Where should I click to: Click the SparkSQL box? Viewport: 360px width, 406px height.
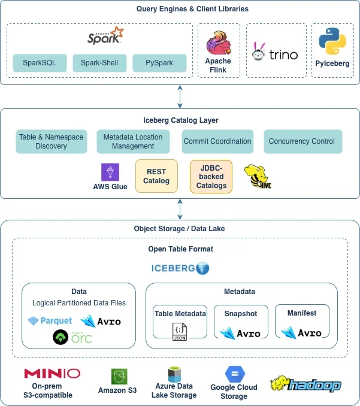pyautogui.click(x=40, y=63)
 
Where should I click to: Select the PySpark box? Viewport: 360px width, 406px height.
pyautogui.click(x=159, y=63)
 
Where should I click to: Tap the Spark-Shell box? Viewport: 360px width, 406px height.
pyautogui.click(x=99, y=63)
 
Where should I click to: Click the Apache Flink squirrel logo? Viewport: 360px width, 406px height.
pyautogui.click(x=218, y=43)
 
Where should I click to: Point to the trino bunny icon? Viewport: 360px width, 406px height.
pyautogui.click(x=259, y=51)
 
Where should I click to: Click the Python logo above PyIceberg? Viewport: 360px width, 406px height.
pyautogui.click(x=332, y=41)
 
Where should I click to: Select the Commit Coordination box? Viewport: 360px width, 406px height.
pyautogui.click(x=217, y=141)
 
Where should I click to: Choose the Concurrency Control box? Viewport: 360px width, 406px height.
pyautogui.click(x=302, y=141)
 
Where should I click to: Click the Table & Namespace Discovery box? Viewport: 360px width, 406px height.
pyautogui.click(x=52, y=141)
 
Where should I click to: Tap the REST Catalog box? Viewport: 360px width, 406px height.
pyautogui.click(x=156, y=176)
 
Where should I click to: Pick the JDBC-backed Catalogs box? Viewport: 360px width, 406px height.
pyautogui.click(x=211, y=177)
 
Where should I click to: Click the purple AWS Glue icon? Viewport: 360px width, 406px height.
pyautogui.click(x=110, y=172)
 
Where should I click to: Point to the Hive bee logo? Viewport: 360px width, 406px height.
pyautogui.click(x=258, y=176)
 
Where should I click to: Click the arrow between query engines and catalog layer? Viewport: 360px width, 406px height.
pyautogui.click(x=180, y=96)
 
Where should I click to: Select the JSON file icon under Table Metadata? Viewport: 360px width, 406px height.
pyautogui.click(x=180, y=331)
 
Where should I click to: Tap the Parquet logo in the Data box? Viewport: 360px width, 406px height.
pyautogui.click(x=50, y=321)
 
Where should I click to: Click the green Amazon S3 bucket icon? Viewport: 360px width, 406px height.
pyautogui.click(x=119, y=377)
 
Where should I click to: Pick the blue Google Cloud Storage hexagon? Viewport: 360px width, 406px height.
pyautogui.click(x=235, y=374)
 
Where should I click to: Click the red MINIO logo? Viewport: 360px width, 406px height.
pyautogui.click(x=52, y=374)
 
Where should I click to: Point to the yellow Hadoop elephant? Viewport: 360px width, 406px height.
pyautogui.click(x=279, y=383)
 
